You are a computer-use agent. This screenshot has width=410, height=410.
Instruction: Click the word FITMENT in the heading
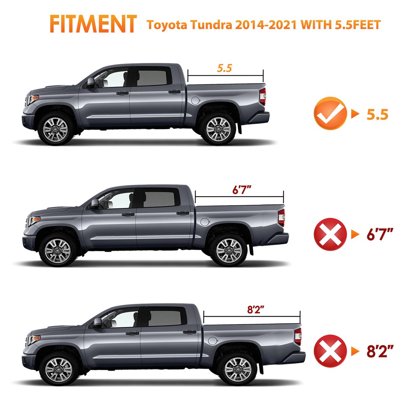93,24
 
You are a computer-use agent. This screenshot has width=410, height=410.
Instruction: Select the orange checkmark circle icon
330,113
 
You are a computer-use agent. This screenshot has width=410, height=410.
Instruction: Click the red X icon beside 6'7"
330,234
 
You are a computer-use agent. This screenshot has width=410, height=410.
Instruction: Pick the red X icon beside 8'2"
330,351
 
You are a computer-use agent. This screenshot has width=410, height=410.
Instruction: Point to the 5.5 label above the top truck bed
225,68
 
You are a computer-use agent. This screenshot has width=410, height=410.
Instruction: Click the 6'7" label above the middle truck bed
242,190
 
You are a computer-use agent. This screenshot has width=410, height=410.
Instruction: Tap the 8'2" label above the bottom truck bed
255,309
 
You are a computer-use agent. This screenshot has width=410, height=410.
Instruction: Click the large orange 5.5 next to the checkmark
378,115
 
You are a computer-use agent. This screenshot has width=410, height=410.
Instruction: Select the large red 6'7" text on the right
380,234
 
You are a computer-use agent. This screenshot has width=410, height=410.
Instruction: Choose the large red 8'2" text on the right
380,352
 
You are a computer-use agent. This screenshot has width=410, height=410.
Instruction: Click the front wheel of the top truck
56,129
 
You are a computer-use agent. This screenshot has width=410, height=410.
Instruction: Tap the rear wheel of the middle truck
229,251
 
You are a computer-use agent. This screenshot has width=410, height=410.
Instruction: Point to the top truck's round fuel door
195,100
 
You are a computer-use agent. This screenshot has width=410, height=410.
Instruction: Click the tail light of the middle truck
281,217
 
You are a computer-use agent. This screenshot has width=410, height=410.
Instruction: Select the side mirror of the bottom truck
97,323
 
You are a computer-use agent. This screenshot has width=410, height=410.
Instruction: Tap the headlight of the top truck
33,99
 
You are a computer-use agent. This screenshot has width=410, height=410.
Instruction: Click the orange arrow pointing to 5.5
355,114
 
